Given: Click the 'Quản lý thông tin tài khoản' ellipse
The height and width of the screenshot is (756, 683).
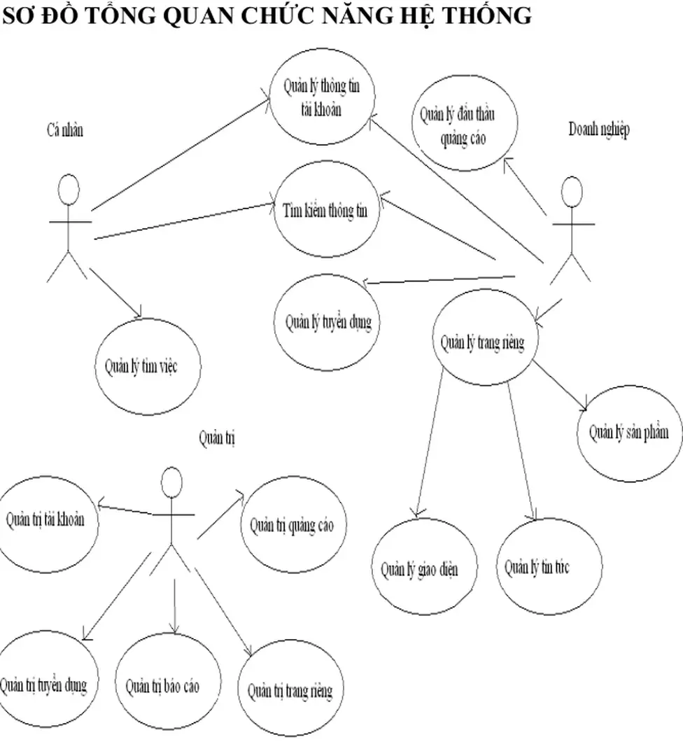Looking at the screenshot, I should [323, 97].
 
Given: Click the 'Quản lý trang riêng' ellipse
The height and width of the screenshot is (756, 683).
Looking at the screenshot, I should [483, 342].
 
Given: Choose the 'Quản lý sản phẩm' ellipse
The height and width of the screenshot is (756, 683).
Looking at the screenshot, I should [628, 431].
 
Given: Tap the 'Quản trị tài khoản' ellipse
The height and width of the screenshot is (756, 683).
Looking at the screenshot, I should [46, 520].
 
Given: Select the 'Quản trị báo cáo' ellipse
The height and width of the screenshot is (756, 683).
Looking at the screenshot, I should [163, 684].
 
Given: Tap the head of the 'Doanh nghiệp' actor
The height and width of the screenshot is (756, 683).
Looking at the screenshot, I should [572, 192].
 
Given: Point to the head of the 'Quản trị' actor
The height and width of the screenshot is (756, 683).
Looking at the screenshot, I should [172, 483].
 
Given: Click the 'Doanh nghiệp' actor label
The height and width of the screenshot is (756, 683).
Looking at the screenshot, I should [598, 129].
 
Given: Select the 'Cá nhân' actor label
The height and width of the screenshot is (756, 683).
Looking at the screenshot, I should [64, 129].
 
